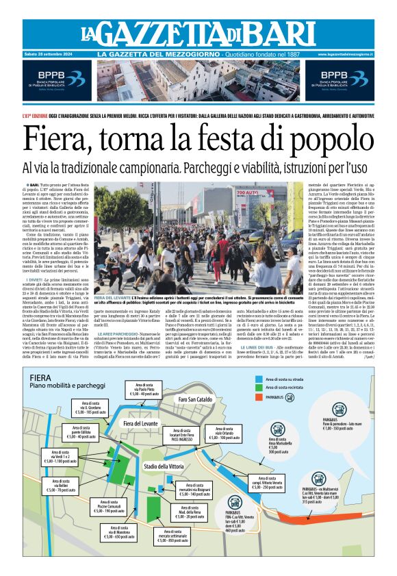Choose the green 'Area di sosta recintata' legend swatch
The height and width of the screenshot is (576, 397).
tap(258, 386)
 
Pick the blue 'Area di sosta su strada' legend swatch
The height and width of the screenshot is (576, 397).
tap(258, 377)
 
